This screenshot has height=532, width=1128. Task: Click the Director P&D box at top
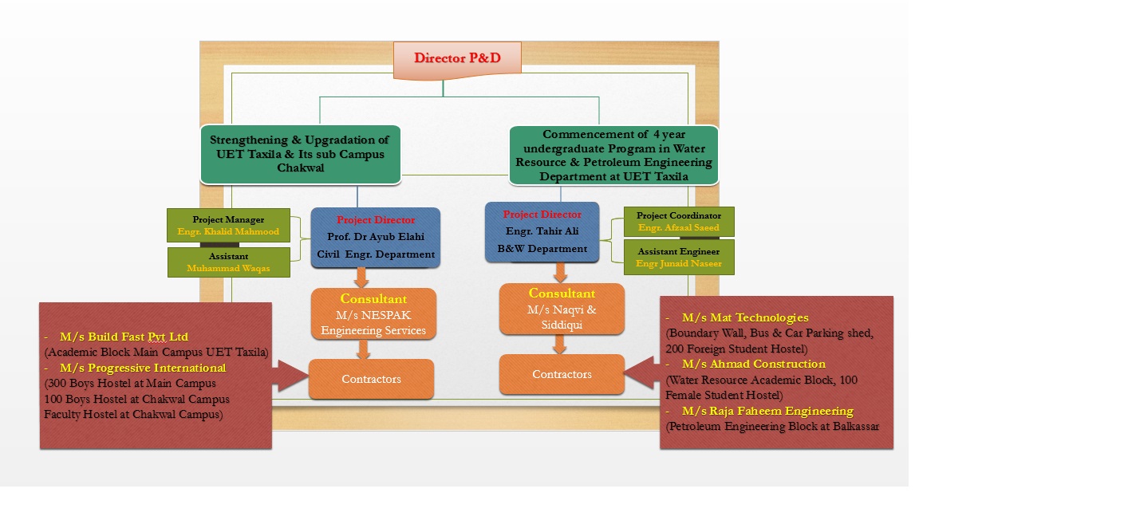pyautogui.click(x=457, y=60)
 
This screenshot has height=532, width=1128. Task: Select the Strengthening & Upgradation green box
pyautogui.click(x=300, y=155)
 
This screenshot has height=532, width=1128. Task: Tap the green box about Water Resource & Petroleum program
pyautogui.click(x=614, y=156)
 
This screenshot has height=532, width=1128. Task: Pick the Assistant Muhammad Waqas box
pyautogui.click(x=228, y=262)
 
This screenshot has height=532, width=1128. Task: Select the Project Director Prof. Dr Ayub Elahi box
pyautogui.click(x=375, y=238)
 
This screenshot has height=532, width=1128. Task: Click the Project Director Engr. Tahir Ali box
pyautogui.click(x=542, y=231)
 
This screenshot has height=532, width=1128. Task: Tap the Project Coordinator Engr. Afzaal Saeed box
pyautogui.click(x=679, y=222)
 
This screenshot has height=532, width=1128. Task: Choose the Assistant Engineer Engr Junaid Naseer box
pyautogui.click(x=679, y=257)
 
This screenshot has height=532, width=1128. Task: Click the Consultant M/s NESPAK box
pyautogui.click(x=373, y=313)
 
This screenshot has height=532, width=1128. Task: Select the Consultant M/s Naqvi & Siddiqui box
pyautogui.click(x=562, y=309)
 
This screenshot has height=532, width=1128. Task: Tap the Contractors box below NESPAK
pyautogui.click(x=371, y=379)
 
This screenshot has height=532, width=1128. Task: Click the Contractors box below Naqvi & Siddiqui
pyautogui.click(x=562, y=374)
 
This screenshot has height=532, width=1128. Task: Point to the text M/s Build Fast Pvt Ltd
pyautogui.click(x=124, y=337)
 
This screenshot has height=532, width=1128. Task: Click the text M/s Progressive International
pyautogui.click(x=143, y=368)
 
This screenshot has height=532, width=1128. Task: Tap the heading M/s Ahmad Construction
pyautogui.click(x=753, y=365)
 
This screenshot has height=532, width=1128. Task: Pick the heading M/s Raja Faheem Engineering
pyautogui.click(x=767, y=411)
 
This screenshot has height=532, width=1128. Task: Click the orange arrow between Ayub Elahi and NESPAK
pyautogui.click(x=361, y=278)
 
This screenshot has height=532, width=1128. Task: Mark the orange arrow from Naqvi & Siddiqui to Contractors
pyautogui.click(x=560, y=344)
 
